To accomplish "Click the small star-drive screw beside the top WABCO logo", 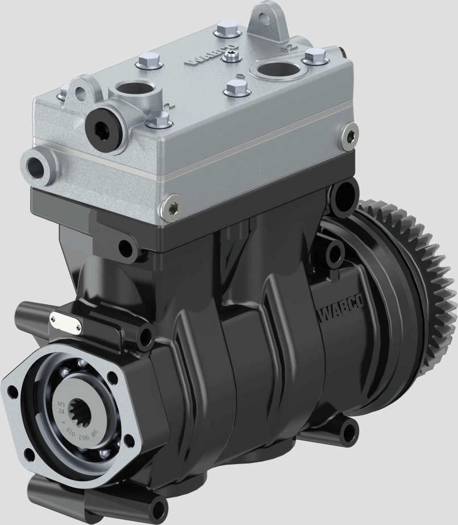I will [231, 55].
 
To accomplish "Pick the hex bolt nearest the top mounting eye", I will [222, 31].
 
